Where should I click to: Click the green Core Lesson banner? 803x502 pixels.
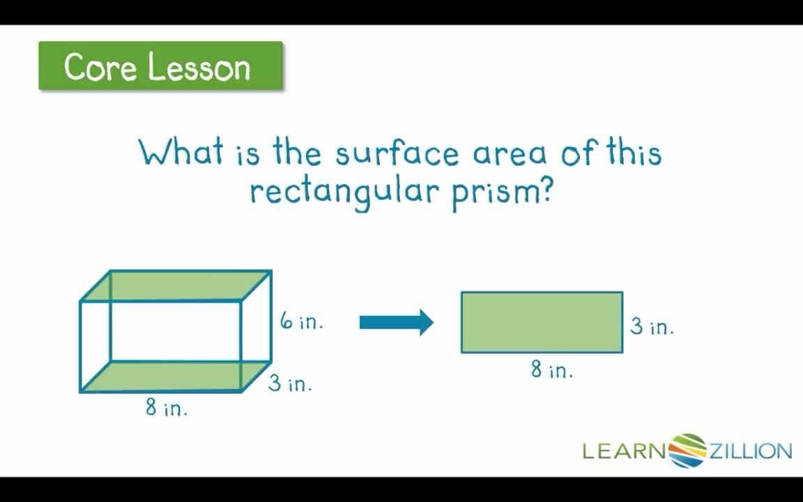click(160, 66)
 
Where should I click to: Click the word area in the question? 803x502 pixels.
click(510, 153)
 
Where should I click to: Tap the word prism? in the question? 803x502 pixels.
click(502, 191)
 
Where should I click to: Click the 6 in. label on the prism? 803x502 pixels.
click(301, 322)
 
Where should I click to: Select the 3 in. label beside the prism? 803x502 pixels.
click(290, 383)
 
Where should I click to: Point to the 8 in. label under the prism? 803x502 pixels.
click(167, 407)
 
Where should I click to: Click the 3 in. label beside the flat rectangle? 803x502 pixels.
click(652, 326)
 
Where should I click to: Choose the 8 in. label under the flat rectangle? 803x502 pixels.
click(551, 370)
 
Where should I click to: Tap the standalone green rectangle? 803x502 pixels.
click(542, 322)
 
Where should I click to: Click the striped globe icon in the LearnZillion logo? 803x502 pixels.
click(687, 450)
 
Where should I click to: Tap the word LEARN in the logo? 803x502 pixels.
click(625, 452)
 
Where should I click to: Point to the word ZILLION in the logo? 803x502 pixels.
click(750, 452)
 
